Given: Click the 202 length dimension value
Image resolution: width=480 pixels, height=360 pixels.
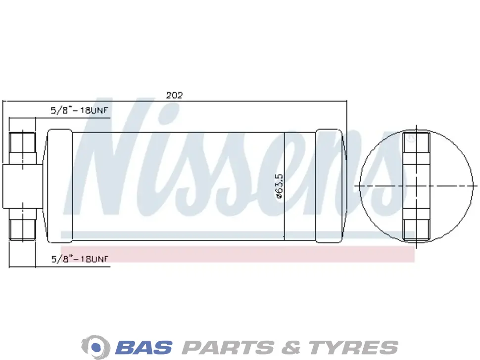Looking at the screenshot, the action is point(174,95).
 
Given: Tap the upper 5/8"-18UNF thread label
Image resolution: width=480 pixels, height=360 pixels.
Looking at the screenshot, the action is point(80,110).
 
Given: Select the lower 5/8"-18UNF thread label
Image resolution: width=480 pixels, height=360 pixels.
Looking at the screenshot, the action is point(80,259).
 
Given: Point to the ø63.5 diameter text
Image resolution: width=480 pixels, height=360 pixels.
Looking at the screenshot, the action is point(279,186).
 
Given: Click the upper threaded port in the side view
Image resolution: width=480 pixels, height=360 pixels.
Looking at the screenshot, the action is point(23,148).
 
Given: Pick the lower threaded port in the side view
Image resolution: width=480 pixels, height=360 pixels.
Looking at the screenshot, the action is point(23,224).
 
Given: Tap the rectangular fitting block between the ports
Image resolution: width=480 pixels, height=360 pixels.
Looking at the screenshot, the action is point(23,186).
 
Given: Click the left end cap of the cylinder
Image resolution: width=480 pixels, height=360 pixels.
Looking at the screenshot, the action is point(60,186).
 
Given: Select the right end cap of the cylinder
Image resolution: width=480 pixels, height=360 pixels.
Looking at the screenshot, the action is point(329,186).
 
